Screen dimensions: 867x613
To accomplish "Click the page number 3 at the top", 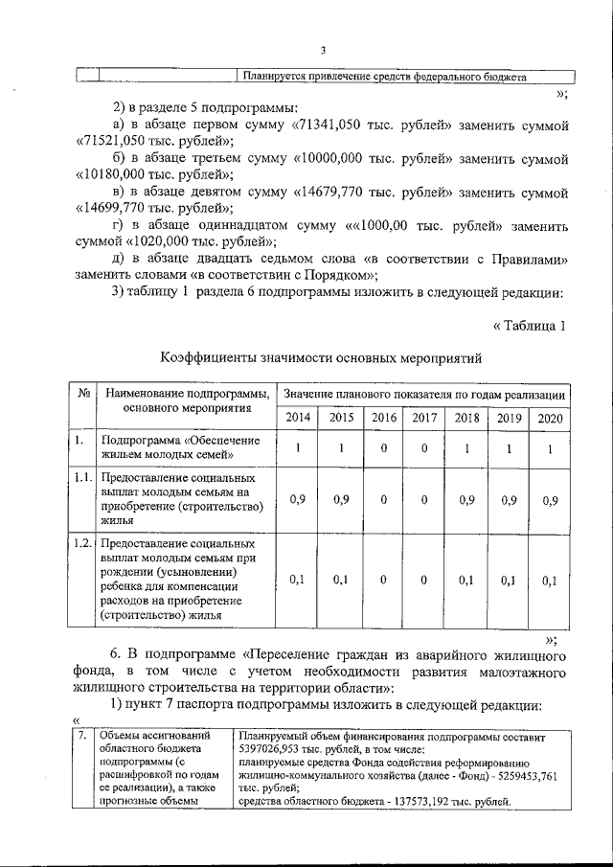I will click(324, 51).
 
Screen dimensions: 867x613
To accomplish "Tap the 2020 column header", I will click(550, 418).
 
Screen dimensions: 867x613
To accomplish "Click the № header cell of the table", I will click(84, 395).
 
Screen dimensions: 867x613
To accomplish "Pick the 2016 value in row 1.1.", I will click(383, 500).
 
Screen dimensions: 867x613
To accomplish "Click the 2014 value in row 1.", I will click(298, 448).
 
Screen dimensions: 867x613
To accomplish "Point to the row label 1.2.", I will click(84, 544).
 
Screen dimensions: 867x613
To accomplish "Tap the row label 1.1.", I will click(84, 477).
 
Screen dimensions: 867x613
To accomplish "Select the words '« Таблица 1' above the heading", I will click(529, 326).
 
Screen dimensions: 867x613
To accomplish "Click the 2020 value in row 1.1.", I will click(550, 500).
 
